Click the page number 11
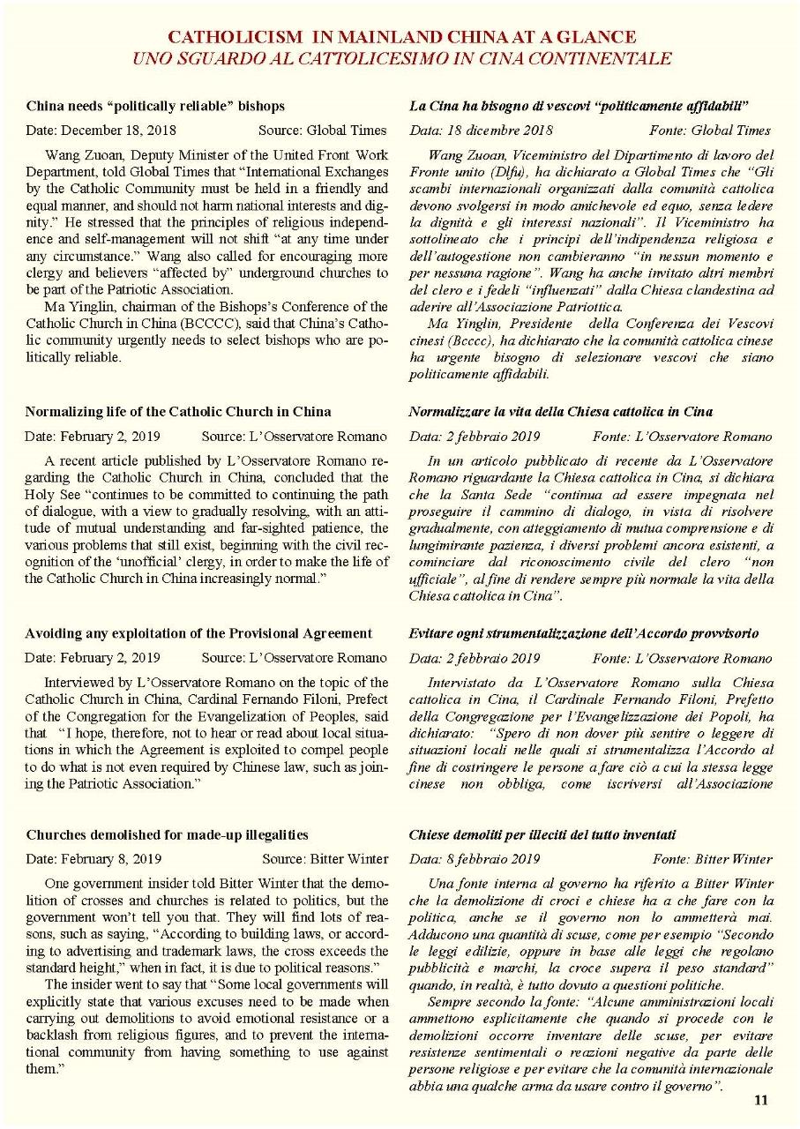point(761,1099)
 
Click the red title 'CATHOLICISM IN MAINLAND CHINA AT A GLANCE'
point(401,37)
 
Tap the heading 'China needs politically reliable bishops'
point(155,106)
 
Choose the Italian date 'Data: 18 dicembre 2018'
point(482,130)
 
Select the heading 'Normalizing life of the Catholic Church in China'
point(178,412)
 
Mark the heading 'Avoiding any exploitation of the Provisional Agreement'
point(198,633)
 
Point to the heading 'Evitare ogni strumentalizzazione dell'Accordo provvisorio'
point(584,633)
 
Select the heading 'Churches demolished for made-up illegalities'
point(167,834)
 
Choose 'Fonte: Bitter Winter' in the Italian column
point(712,858)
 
